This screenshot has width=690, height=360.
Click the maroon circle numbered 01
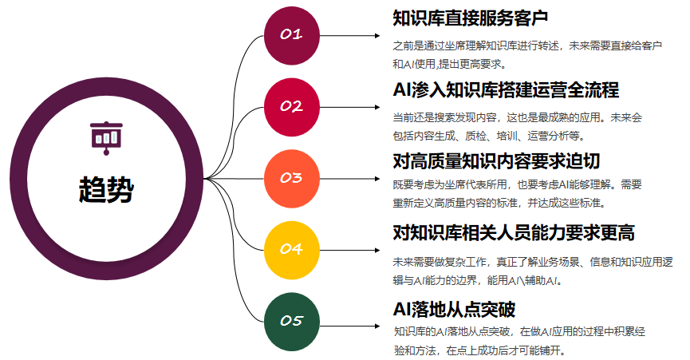pos(292,35)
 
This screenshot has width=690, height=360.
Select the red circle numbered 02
pos(292,106)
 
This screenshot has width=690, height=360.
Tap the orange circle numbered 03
pos(292,177)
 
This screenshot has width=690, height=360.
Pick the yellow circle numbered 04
pos(292,249)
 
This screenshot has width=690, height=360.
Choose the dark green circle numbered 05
pos(292,320)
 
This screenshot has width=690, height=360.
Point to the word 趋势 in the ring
pos(105,189)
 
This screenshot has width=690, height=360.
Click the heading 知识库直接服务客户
pos(471,18)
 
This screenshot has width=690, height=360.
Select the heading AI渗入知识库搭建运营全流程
pos(507,89)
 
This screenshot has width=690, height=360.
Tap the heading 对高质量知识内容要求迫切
pos(495,160)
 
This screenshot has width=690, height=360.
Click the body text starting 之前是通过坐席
pos(527,45)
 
